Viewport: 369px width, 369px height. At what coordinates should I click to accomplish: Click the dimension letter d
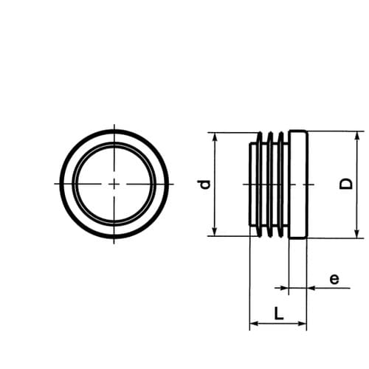pos(205,184)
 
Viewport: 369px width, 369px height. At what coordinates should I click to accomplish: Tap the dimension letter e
pos(334,279)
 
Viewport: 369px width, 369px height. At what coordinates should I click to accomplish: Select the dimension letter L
pos(279,313)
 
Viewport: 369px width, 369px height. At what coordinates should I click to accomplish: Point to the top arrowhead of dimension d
pos(215,137)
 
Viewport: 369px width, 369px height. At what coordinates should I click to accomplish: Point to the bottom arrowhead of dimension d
pos(215,231)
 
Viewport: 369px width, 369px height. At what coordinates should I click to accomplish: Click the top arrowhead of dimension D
pos(357,136)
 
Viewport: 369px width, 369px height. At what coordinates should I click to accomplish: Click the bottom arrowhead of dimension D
pos(357,233)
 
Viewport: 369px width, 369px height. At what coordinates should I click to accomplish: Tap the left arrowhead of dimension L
pos(255,323)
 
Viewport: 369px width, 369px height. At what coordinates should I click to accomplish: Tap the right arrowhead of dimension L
pos(302,323)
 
